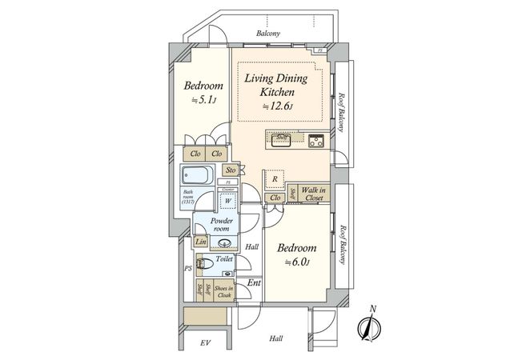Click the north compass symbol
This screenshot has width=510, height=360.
tap(370, 327)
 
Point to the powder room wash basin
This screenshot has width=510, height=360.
tap(224, 243)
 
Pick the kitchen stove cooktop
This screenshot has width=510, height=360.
tap(315, 142)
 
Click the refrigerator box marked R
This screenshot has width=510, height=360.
tap(275, 179)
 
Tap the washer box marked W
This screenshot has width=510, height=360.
tap(227, 202)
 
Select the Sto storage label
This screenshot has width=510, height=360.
tap(230, 170)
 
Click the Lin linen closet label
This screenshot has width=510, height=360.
tap(199, 242)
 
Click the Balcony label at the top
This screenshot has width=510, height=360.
tap(267, 34)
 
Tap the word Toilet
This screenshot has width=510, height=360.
tap(224, 260)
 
